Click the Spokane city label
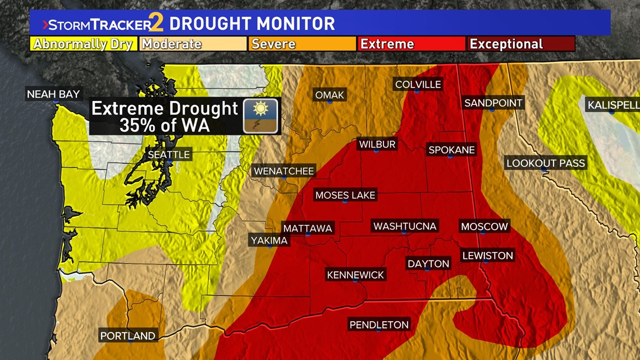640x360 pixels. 451,150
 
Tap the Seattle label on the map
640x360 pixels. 169,154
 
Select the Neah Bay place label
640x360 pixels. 54,94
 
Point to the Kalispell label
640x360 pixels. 612,105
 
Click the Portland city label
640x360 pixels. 127,336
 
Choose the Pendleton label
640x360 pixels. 379,325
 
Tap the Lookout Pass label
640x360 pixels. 545,163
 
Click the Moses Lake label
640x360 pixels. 345,195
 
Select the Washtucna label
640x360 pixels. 405,226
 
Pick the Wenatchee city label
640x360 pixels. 284,171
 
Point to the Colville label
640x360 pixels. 418,85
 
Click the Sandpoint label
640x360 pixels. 493,103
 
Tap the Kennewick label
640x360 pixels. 356,275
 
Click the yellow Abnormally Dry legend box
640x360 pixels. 84,44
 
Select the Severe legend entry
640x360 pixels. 301,44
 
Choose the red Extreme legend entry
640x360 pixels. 411,44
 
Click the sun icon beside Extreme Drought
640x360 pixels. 260,116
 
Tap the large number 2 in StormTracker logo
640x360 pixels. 158,24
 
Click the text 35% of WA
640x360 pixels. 164,125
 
